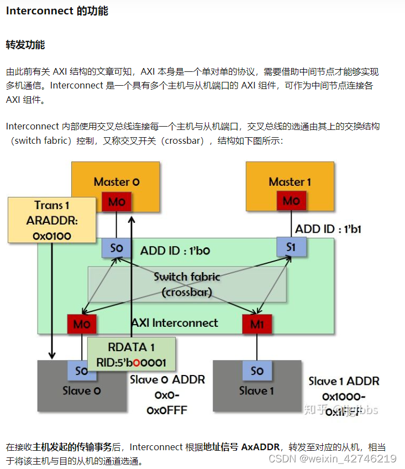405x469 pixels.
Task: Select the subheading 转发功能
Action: [x=25, y=45]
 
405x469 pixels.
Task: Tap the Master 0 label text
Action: [x=116, y=181]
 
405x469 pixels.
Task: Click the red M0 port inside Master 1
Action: [x=291, y=201]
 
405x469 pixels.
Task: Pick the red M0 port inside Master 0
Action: [x=117, y=202]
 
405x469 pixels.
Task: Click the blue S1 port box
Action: [x=291, y=247]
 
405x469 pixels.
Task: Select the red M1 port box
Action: [x=257, y=324]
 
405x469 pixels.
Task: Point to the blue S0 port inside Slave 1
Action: [x=257, y=370]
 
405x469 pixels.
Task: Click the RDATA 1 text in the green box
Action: [x=132, y=347]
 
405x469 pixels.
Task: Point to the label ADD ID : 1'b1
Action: [x=328, y=229]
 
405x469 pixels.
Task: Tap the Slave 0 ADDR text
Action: [x=167, y=380]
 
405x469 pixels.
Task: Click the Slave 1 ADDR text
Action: [x=343, y=381]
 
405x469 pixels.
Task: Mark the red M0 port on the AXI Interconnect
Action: [x=81, y=324]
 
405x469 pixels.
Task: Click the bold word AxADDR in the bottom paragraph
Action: [x=261, y=447]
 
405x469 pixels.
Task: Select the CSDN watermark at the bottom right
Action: [x=332, y=458]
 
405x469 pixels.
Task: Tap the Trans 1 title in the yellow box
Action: [x=48, y=205]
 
